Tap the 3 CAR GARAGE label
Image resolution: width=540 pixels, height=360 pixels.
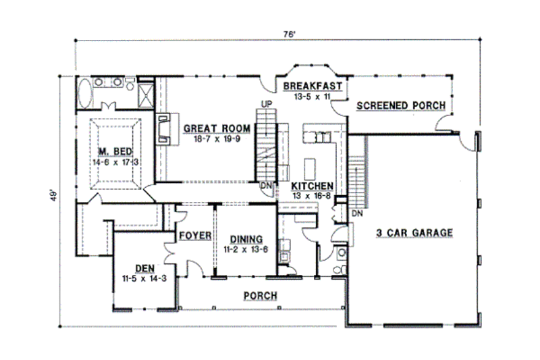414,233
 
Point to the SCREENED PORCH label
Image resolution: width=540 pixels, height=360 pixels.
400,106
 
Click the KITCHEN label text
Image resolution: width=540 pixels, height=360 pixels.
310,185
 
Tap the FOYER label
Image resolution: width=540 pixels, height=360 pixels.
196,235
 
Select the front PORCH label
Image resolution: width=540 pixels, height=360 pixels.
260,296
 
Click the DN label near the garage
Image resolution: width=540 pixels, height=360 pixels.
356,213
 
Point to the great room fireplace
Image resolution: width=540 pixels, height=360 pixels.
163,128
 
